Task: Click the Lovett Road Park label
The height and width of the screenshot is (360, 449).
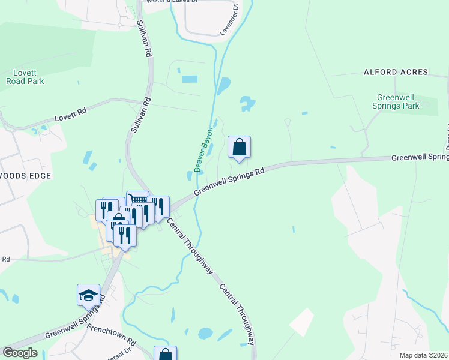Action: [x=25, y=77]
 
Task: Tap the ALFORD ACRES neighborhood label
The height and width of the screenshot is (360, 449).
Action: [x=396, y=72]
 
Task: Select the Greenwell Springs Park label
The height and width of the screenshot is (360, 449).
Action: [x=397, y=101]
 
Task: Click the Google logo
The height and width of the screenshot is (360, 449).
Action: [x=20, y=353]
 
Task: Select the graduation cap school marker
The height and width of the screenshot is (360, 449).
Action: [x=88, y=295]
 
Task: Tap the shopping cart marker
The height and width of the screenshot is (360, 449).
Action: [x=137, y=201]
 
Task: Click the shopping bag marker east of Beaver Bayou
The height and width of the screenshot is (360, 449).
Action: [x=239, y=147]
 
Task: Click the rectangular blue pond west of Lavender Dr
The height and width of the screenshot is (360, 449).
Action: [x=189, y=79]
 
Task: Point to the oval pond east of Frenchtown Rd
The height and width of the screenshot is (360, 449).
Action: [x=205, y=332]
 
